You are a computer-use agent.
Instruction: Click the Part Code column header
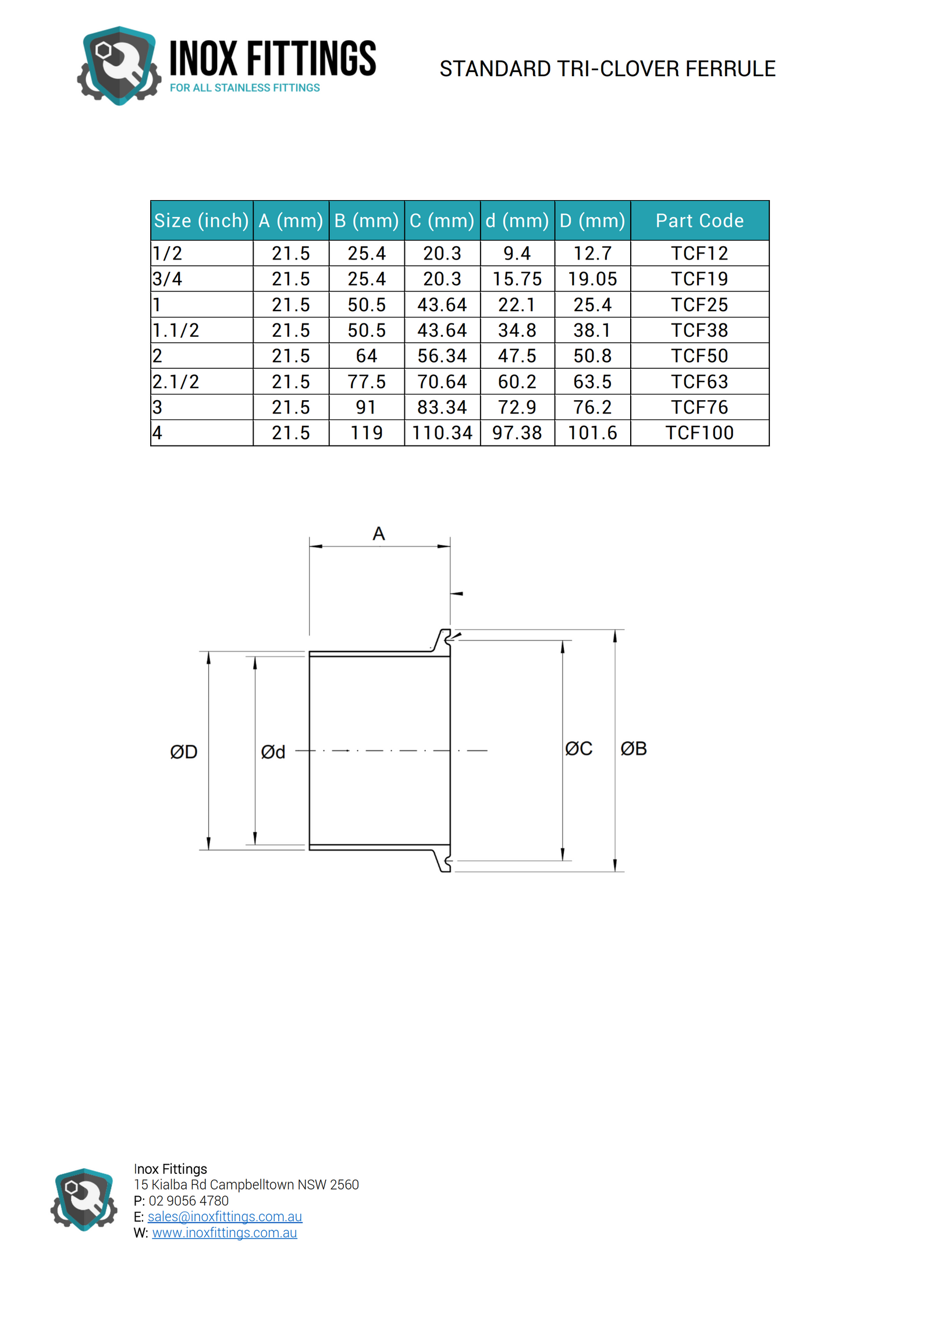699,220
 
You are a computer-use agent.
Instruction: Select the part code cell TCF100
699,433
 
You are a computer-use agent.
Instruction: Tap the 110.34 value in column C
442,433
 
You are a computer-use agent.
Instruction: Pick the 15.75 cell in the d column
517,279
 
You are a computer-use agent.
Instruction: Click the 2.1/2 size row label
176,382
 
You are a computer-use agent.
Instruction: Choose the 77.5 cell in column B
367,382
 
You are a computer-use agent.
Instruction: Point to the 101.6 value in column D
592,433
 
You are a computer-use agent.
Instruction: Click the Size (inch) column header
201,220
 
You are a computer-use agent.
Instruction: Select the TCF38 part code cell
699,330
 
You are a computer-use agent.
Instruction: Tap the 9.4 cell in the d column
517,254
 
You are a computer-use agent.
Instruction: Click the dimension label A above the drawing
379,533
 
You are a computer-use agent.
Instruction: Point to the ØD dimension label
184,752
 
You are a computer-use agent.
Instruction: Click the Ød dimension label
273,752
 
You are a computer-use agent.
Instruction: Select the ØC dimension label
579,749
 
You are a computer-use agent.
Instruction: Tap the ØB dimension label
634,749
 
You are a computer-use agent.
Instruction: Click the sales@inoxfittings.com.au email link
225,1216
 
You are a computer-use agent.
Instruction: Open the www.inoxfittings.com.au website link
225,1233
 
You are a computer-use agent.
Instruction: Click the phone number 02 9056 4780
189,1201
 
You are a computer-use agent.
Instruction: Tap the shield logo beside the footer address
84,1199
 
